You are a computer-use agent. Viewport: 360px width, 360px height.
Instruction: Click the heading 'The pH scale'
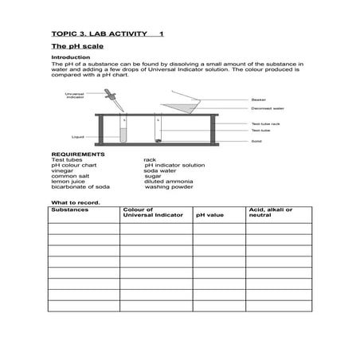[72, 48]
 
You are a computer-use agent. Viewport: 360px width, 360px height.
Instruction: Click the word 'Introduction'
[67, 58]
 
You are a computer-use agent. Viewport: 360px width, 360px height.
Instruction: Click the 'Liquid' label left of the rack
[77, 136]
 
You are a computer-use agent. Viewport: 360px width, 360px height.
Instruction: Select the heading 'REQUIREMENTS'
[77, 154]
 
